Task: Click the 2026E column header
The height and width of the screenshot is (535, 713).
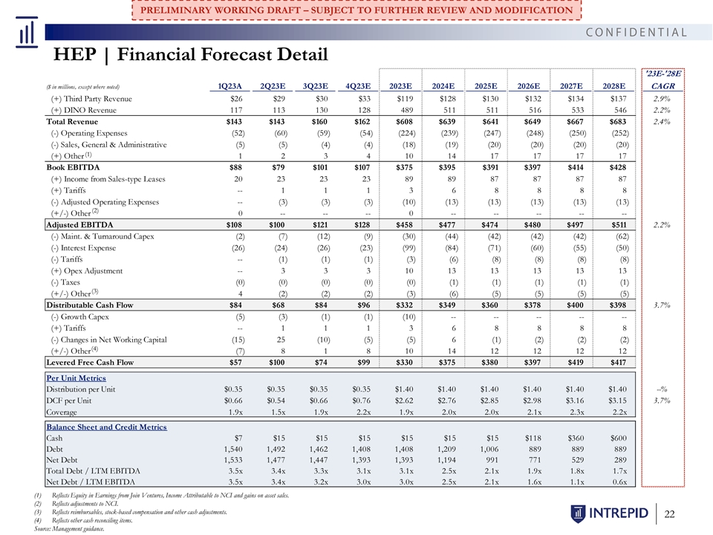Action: point(528,86)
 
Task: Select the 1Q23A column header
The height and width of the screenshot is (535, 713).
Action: point(229,86)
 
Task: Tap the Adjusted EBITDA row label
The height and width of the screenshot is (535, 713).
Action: point(79,224)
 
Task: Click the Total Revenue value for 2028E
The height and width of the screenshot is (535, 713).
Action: point(617,121)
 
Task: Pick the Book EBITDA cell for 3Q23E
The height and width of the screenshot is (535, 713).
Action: point(320,167)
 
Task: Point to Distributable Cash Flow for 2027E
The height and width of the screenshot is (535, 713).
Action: point(575,305)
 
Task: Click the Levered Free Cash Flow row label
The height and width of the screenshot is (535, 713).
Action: point(90,363)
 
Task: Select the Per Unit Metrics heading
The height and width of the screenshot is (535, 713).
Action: point(76,378)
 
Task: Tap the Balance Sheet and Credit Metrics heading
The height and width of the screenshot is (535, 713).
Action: point(106,427)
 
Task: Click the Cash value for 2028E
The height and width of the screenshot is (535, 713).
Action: point(618,438)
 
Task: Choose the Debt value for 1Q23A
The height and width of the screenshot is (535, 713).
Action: point(233,449)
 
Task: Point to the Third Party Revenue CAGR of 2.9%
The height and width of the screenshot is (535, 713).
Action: point(662,99)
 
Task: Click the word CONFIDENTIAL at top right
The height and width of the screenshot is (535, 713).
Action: point(637,32)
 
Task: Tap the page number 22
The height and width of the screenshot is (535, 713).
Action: point(669,514)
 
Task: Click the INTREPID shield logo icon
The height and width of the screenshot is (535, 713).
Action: point(578,513)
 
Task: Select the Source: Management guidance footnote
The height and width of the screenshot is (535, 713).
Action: point(69,528)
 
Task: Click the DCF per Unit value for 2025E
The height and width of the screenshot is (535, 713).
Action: point(489,401)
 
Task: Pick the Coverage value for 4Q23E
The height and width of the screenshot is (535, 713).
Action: point(363,412)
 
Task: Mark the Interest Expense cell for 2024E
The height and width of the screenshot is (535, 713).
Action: point(451,248)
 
